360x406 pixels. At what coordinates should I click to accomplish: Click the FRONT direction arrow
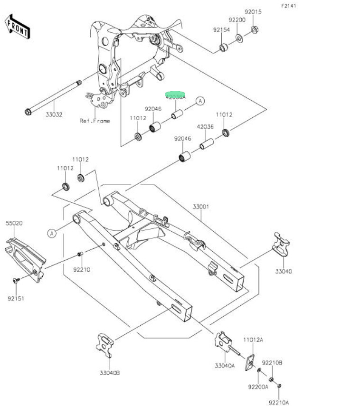(x=18, y=26)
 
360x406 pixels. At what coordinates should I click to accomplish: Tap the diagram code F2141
(x=288, y=6)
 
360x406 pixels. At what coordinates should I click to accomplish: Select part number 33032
(x=54, y=114)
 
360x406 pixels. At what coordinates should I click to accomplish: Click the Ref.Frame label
(x=95, y=121)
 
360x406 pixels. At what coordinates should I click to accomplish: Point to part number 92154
(x=221, y=30)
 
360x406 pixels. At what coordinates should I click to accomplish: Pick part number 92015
(x=253, y=11)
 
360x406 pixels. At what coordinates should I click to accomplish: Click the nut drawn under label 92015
(x=254, y=29)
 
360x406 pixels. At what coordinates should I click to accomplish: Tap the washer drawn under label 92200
(x=238, y=38)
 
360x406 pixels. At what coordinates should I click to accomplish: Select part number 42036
(x=205, y=127)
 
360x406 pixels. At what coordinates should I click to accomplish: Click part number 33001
(x=201, y=207)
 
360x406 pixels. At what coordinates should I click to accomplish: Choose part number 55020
(x=14, y=223)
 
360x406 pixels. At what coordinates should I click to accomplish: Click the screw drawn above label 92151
(x=16, y=281)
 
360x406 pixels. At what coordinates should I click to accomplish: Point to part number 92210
(x=82, y=270)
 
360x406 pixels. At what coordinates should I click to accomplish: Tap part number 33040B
(x=110, y=373)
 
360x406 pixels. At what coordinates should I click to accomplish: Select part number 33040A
(x=225, y=365)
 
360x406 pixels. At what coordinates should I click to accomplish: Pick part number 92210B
(x=274, y=363)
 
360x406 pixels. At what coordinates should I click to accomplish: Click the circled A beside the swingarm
(x=52, y=233)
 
